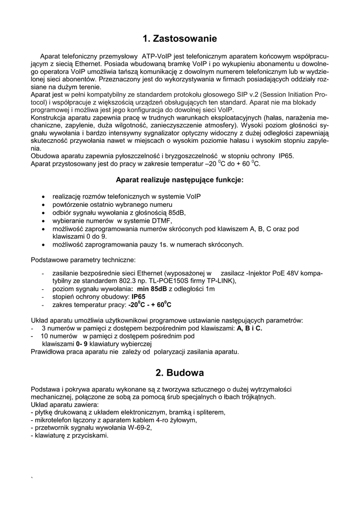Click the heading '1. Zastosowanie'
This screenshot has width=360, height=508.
pos(180,38)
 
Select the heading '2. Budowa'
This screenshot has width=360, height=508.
pos(180,372)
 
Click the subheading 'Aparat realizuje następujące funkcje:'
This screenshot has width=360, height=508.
pos(180,180)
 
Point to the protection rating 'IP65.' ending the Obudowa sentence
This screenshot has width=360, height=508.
pos(286,156)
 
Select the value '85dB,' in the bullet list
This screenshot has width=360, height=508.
pos(173,212)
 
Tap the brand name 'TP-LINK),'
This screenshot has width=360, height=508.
pos(221,281)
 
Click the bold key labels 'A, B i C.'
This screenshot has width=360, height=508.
pos(249,328)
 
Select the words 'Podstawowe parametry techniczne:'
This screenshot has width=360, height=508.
pos(83,260)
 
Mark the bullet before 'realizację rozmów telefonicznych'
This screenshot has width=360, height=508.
pos(46,196)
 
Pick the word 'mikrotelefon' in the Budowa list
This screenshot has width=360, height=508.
pos(53,420)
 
